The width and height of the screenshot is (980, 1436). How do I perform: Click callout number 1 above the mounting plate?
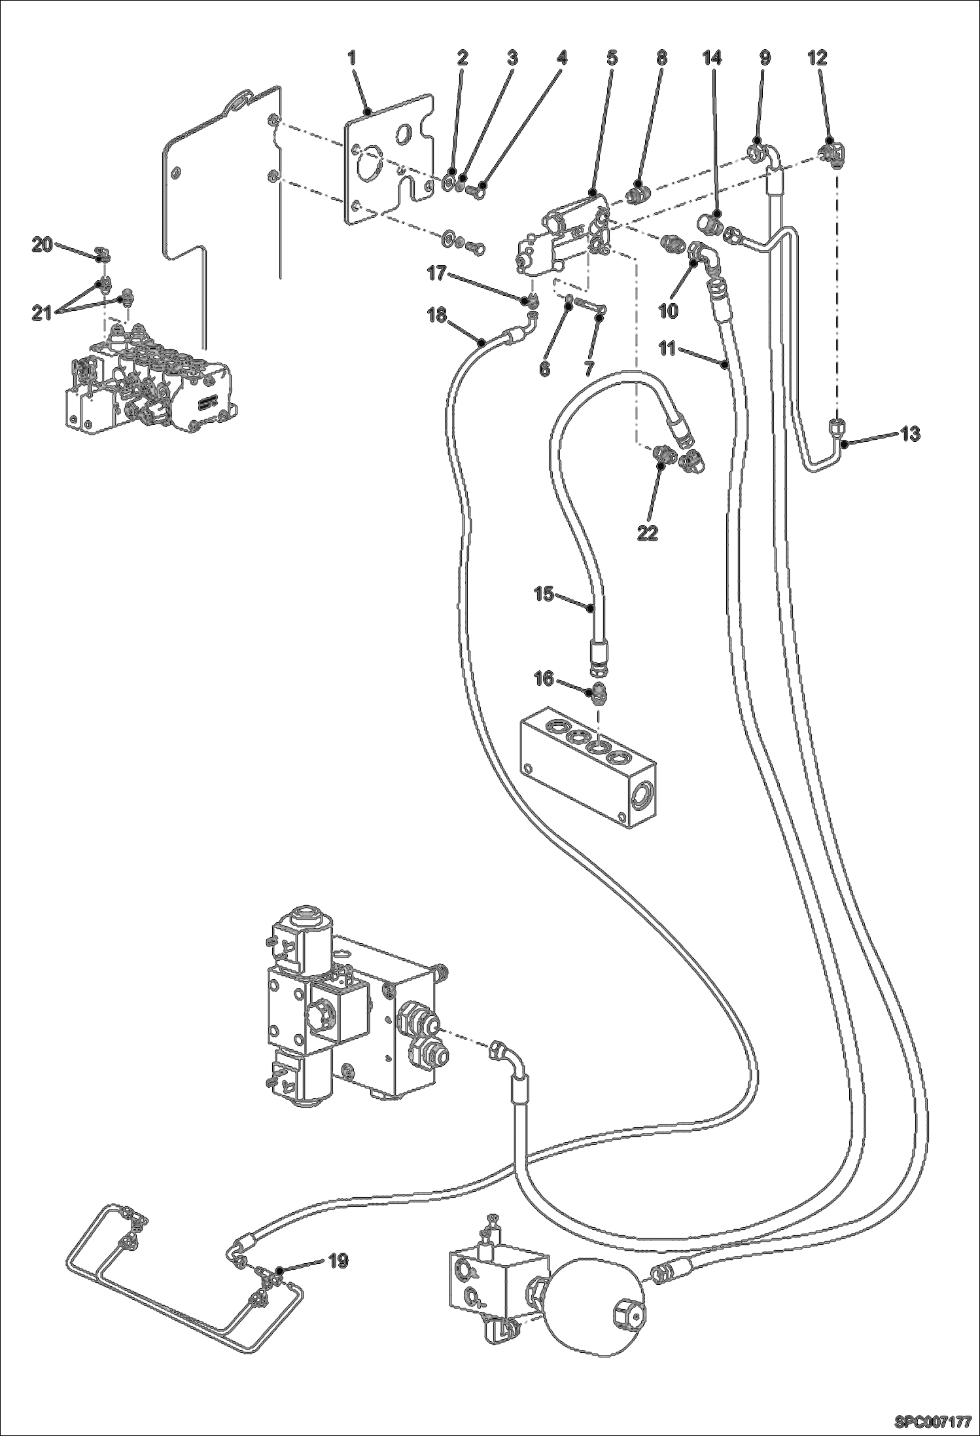click(352, 58)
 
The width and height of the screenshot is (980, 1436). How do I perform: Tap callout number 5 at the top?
click(612, 58)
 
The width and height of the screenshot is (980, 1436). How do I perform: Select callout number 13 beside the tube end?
click(910, 434)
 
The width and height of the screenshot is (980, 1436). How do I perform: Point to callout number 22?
click(648, 533)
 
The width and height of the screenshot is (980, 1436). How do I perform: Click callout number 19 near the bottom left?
click(338, 1261)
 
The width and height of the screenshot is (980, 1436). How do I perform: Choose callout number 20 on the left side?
click(43, 245)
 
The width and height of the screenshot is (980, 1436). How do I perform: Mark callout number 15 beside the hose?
click(544, 595)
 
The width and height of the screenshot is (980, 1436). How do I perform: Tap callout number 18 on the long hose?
click(436, 316)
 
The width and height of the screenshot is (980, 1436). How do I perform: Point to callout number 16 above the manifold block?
click(544, 680)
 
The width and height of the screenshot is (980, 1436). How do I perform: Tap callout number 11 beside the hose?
click(667, 348)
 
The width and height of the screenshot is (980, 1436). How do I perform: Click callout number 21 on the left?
click(43, 314)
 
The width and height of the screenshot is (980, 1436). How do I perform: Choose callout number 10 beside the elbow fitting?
click(668, 311)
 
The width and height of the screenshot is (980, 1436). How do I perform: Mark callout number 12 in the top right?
click(817, 58)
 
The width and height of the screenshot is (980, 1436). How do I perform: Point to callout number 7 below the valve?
click(589, 368)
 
